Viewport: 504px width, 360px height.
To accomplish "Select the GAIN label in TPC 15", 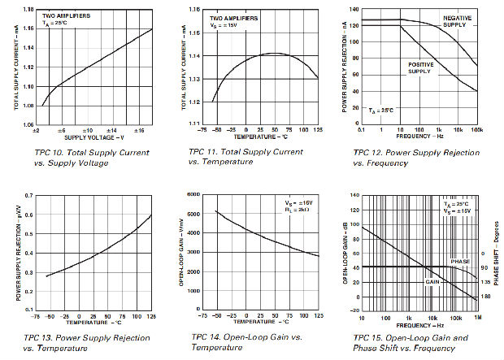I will (432, 281).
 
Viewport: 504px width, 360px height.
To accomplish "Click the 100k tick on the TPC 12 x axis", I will (477, 129).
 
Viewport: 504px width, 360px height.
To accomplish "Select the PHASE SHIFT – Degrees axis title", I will (497, 253).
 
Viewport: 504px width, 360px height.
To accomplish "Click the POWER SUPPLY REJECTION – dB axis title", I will (345, 69).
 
